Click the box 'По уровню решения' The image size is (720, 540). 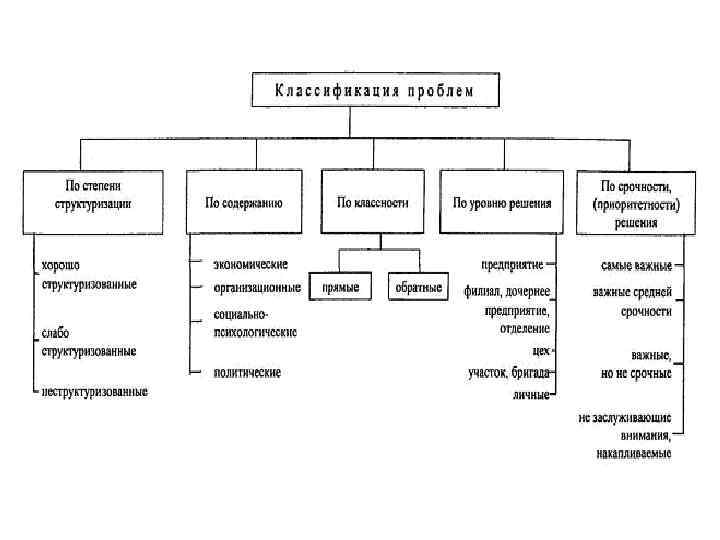tap(503, 202)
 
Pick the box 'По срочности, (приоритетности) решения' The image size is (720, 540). tap(634, 202)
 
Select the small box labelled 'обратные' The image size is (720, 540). tap(418, 287)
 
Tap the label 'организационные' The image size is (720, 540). tap(256, 287)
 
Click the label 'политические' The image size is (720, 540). tap(246, 372)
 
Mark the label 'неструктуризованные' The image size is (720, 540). tap(95, 391)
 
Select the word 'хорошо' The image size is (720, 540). tap(61, 266)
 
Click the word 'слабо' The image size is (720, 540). tap(56, 333)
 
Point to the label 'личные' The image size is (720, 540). tap(532, 394)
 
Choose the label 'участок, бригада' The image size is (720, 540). tap(509, 373)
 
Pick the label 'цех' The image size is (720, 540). tap(541, 351)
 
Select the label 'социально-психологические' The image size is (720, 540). tap(255, 323)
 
